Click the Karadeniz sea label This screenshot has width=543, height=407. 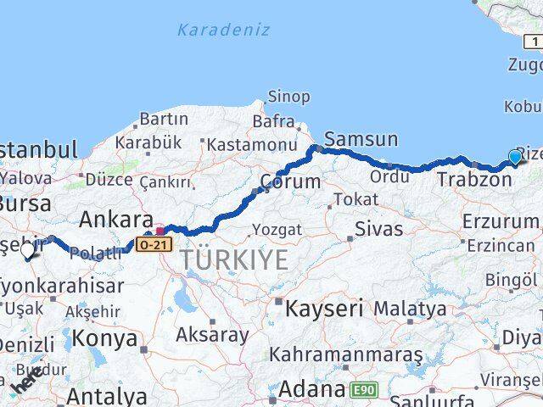pyautogui.click(x=225, y=31)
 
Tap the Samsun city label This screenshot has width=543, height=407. pyautogui.click(x=361, y=138)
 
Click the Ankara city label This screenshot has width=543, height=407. pyautogui.click(x=115, y=220)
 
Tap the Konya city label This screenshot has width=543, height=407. pyautogui.click(x=104, y=338)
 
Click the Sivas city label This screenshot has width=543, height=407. pyautogui.click(x=379, y=228)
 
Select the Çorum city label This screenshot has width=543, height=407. pyautogui.click(x=290, y=181)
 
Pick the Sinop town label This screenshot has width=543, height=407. pyautogui.click(x=288, y=97)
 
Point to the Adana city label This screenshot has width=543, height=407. pyautogui.click(x=313, y=391)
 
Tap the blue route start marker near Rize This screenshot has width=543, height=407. pyautogui.click(x=514, y=157)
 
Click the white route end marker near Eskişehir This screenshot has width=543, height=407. pyautogui.click(x=27, y=251)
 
